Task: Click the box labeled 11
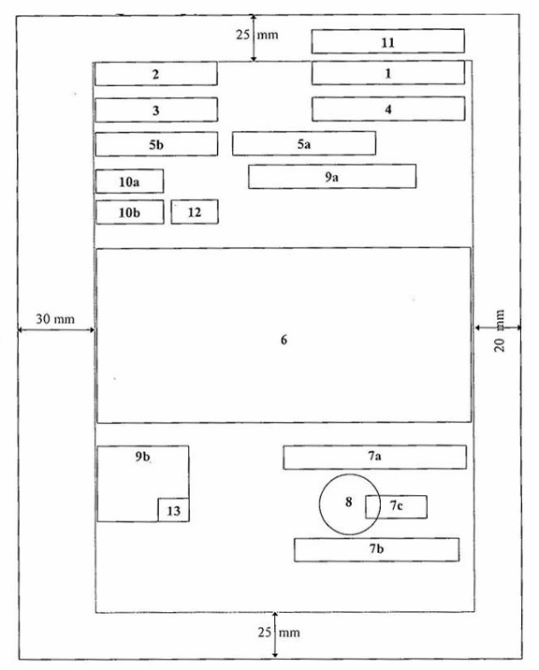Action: click(388, 41)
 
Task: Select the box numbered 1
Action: click(388, 73)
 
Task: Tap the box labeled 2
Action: click(156, 74)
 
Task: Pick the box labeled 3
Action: click(156, 110)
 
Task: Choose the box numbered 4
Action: click(388, 109)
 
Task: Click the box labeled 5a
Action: click(304, 143)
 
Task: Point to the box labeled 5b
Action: click(156, 144)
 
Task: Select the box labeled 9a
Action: click(332, 177)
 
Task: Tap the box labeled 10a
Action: click(129, 182)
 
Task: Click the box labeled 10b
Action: click(129, 211)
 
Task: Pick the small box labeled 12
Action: click(195, 211)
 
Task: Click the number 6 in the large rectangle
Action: click(284, 340)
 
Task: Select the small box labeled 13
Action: click(173, 510)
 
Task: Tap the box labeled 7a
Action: click(375, 458)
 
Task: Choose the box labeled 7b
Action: click(376, 549)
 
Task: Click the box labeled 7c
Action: click(396, 507)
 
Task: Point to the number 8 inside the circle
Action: click(349, 502)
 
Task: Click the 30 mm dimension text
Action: click(55, 319)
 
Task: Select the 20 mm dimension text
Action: click(500, 330)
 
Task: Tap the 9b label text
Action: click(143, 457)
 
